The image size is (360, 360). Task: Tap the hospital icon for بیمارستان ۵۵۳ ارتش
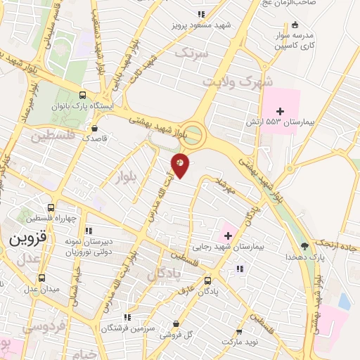[280, 111]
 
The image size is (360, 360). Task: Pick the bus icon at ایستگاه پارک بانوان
[83, 96]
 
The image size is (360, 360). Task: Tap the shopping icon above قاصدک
[95, 128]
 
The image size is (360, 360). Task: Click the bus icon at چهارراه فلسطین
[51, 207]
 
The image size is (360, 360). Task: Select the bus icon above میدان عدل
[41, 278]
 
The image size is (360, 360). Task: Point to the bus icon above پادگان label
[207, 279]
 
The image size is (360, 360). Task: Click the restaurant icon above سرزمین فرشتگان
[127, 317]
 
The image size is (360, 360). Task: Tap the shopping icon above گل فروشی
[175, 323]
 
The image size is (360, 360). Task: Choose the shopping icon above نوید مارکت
[239, 331]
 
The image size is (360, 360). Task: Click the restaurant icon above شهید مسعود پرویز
[202, 13]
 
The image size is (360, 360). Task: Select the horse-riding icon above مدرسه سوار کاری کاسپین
[294, 25]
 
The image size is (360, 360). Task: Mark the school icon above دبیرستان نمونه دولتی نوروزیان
[89, 231]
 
